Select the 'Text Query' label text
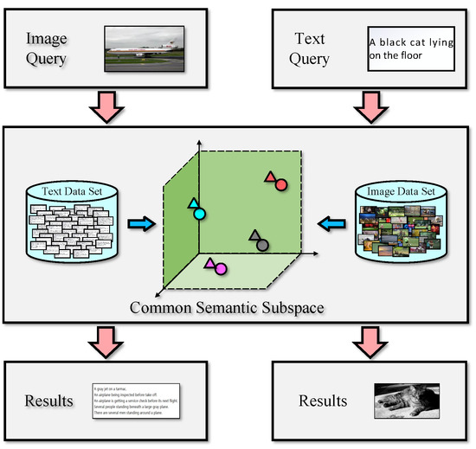pos(312,48)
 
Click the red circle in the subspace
pos(280,185)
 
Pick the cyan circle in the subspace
pos(199,213)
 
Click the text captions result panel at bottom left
pos(135,401)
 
